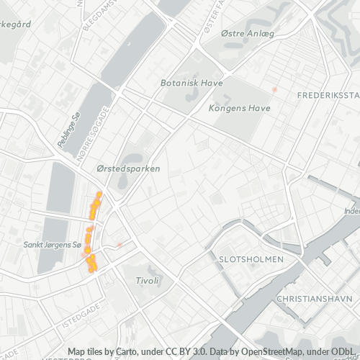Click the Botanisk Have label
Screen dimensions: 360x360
point(191,82)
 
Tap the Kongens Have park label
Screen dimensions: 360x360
point(238,109)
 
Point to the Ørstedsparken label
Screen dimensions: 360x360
point(128,168)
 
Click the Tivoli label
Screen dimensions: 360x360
point(146,279)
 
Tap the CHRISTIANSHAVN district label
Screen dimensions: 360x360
point(314,297)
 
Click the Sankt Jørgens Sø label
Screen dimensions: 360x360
point(51,245)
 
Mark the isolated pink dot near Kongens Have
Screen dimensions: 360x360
point(274,89)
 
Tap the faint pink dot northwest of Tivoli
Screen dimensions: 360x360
point(119,245)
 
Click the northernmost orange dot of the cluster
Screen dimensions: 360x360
point(99,194)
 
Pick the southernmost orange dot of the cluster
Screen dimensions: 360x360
point(92,271)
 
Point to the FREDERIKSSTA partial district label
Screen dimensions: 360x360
point(328,95)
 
